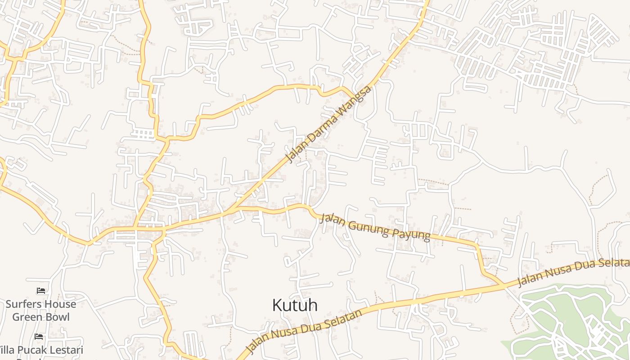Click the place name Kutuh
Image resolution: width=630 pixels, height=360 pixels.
pyautogui.click(x=295, y=305)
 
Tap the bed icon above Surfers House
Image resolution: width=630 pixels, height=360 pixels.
pyautogui.click(x=41, y=291)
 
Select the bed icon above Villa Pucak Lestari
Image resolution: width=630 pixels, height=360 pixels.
pyautogui.click(x=39, y=336)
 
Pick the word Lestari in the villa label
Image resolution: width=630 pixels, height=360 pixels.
pyautogui.click(x=65, y=350)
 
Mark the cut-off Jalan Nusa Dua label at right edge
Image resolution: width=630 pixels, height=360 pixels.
pyautogui.click(x=573, y=272)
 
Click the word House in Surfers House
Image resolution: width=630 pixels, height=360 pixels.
pyautogui.click(x=60, y=304)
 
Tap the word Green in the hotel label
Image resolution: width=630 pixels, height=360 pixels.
pyautogui.click(x=27, y=317)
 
